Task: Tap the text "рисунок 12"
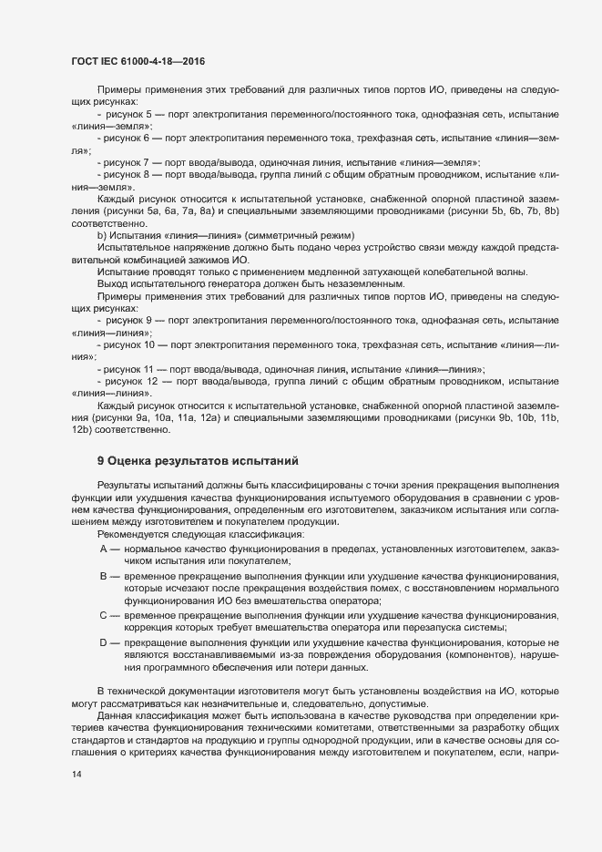tap(138, 379)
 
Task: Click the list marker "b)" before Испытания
tap(102, 237)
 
